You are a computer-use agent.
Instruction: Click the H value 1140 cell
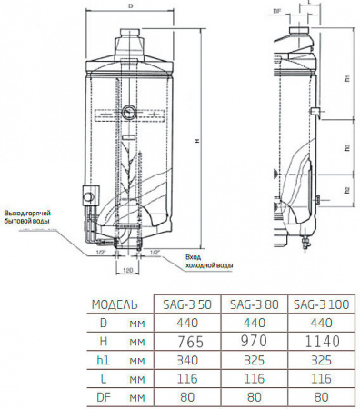coord(318,340)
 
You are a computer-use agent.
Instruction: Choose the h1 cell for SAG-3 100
coord(318,359)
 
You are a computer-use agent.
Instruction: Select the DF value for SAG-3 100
coord(318,395)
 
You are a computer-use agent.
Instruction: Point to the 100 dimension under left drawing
coord(127,270)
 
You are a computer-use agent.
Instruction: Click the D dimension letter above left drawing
coord(133,7)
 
